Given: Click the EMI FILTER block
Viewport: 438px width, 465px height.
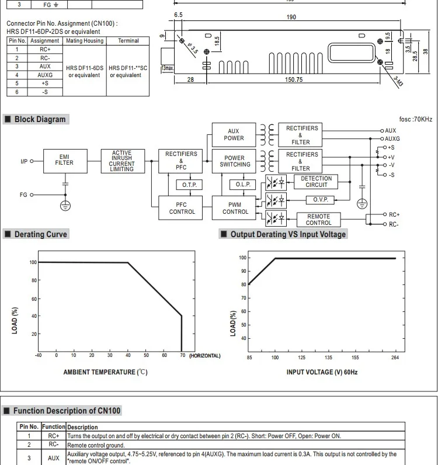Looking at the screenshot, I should (x=64, y=160).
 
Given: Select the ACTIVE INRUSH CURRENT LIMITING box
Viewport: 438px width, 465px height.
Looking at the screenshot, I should (x=121, y=161).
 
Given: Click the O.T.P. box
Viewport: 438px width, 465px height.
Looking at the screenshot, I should (x=189, y=185).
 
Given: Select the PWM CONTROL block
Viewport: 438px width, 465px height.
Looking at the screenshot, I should (x=235, y=208).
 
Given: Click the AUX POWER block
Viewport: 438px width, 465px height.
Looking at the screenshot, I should (x=234, y=134).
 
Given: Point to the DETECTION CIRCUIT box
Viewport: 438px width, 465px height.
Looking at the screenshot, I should (x=316, y=182).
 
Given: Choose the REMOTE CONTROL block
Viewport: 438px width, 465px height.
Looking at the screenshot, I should (x=318, y=219).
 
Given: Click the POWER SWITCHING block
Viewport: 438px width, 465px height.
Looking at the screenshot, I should (x=235, y=161).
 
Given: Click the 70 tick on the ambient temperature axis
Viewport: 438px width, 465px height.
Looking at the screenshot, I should (x=182, y=355).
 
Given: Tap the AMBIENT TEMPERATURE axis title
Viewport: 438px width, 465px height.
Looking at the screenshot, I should (x=105, y=372).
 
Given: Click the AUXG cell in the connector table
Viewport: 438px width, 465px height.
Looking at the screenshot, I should (x=45, y=75).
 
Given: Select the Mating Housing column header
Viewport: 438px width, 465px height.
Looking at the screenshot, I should (x=85, y=41).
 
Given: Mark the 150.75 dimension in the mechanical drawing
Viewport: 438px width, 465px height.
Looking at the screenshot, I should (x=293, y=80).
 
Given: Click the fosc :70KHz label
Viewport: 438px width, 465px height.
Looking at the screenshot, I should (x=416, y=119).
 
